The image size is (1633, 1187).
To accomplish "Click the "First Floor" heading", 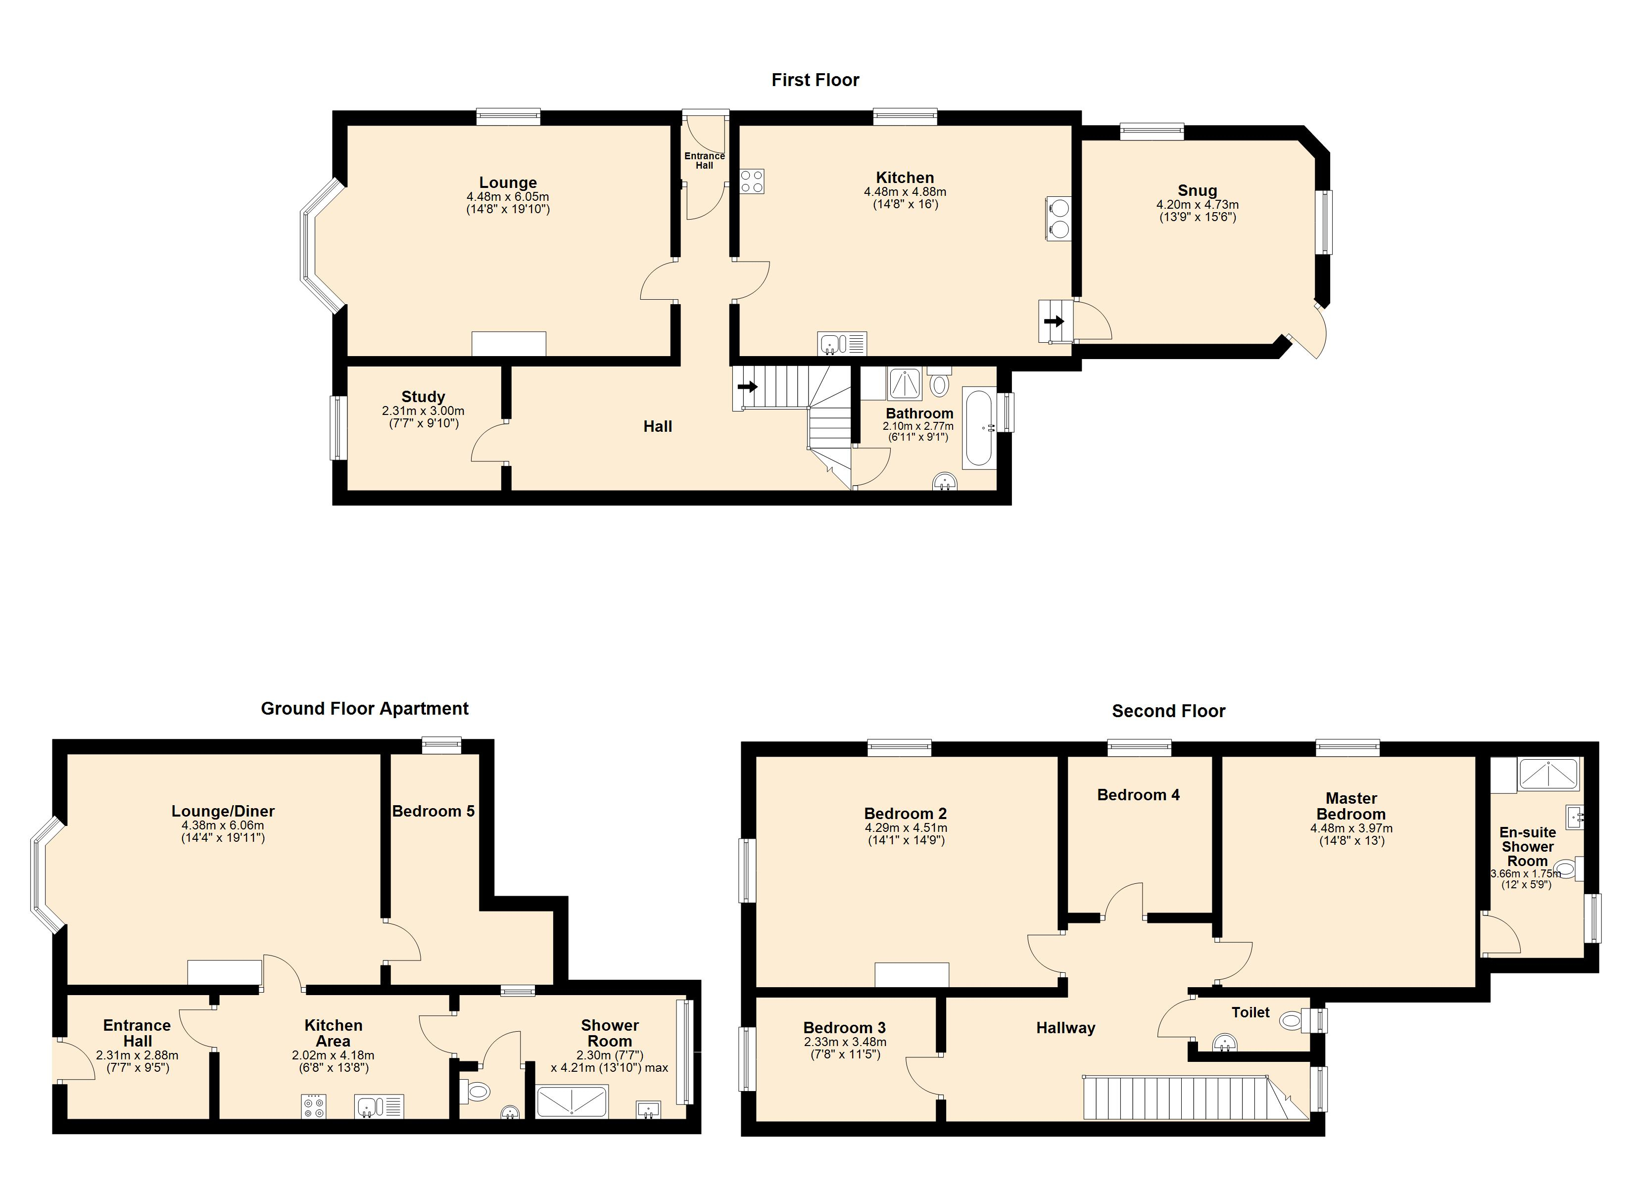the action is (815, 80).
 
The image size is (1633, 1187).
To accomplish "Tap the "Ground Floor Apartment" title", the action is (364, 709).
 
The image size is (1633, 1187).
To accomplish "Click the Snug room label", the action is (1198, 191).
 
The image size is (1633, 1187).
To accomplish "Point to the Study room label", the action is (424, 397).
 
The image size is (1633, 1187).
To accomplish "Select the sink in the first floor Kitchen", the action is (842, 343).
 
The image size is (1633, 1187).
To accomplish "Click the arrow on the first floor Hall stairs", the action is (747, 387).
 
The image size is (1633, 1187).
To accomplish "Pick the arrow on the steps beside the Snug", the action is (1054, 321).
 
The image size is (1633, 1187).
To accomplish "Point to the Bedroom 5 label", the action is (433, 811).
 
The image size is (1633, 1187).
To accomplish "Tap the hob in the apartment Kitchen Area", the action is (314, 1106).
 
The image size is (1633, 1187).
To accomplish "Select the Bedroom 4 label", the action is (1138, 795).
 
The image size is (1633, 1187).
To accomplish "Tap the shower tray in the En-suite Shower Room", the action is (1548, 774).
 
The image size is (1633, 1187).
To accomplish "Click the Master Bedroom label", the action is (1351, 806).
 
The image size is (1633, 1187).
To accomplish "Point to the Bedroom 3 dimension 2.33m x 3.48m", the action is (845, 1042).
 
